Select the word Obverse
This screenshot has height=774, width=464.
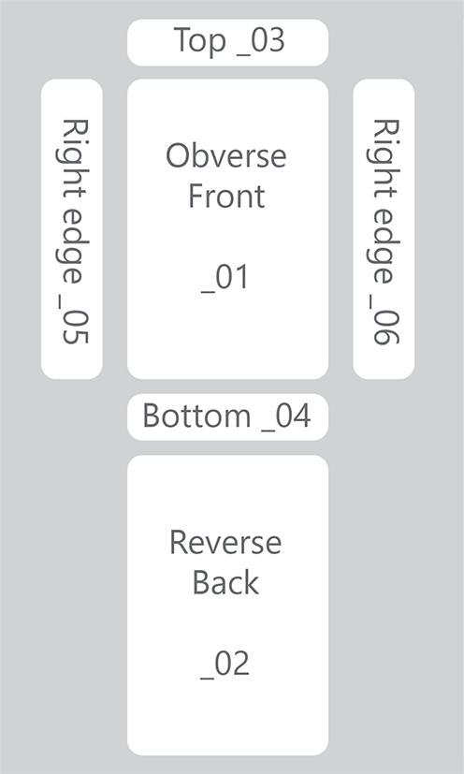[x=226, y=155]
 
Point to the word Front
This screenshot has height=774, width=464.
[x=226, y=196]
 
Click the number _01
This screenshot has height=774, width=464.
[x=225, y=278]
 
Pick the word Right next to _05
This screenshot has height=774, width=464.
[x=72, y=159]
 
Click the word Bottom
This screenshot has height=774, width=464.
[x=196, y=416]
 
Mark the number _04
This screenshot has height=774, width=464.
[x=286, y=417]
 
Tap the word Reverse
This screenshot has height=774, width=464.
[x=225, y=542]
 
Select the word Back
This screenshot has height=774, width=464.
[x=225, y=582]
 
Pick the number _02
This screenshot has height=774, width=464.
[x=225, y=664]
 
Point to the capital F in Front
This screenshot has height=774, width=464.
[x=196, y=196]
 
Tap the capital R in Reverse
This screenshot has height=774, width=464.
[x=180, y=543]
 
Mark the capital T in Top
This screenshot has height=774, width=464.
[x=183, y=39]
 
